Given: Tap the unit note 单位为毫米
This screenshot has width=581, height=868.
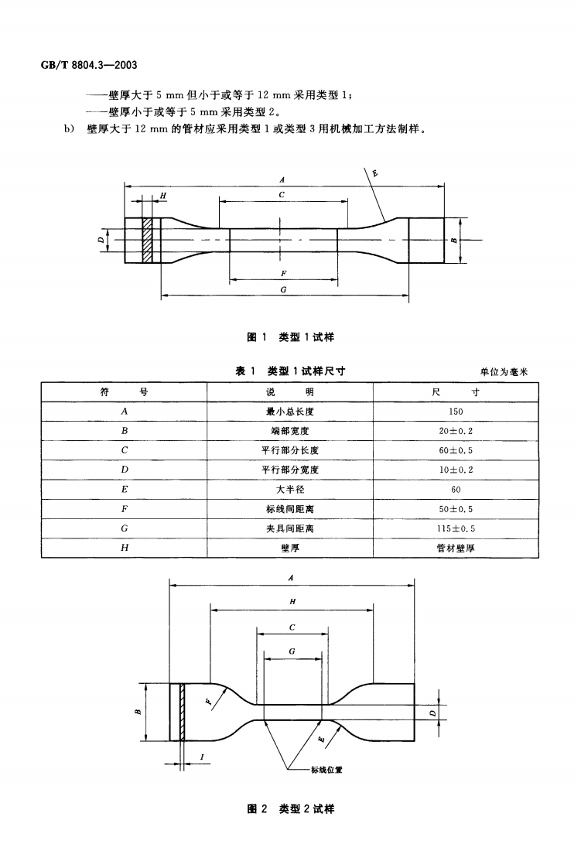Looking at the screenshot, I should pos(504,372).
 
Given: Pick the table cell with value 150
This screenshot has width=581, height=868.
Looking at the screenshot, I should pos(456,412).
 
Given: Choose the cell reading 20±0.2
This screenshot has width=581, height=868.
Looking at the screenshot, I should pos(456,431).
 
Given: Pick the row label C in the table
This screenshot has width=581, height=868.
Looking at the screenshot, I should pos(124,450).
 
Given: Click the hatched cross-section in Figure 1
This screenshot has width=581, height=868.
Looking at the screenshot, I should pos(146,241).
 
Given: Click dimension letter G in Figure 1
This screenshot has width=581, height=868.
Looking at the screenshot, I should pos(284,289).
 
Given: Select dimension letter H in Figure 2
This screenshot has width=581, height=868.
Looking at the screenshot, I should pos(292,602).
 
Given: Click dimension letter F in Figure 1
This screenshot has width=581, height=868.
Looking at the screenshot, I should pos(284,273).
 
